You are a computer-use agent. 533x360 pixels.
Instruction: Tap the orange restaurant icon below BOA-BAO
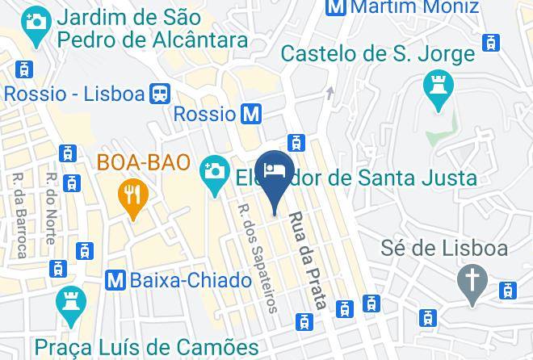coord(129,195)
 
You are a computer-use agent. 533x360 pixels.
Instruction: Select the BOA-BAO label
coord(144,162)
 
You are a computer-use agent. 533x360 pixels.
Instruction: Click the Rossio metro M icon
coord(252,114)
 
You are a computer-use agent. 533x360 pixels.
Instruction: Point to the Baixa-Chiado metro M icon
coord(116,280)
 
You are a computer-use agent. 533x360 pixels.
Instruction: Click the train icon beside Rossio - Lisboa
coord(159,94)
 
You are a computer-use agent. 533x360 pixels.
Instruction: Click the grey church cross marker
coord(469,282)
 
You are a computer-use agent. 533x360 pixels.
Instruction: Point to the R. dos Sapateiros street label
coord(258,257)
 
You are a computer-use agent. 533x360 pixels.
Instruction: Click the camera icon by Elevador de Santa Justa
coord(214,170)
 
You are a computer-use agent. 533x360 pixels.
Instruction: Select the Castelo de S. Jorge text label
coord(377,55)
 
